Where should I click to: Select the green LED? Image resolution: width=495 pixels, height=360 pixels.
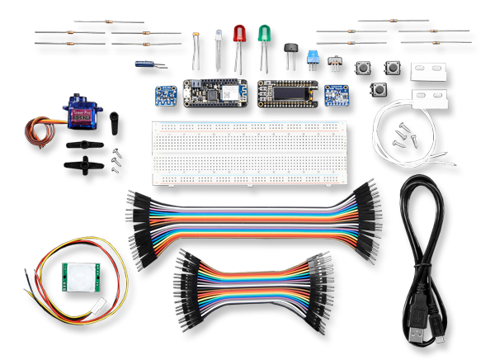pos(265,35)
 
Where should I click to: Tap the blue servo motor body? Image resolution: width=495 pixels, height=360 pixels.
pos(82,116)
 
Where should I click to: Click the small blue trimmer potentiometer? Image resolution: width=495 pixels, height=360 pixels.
pos(313,55)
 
